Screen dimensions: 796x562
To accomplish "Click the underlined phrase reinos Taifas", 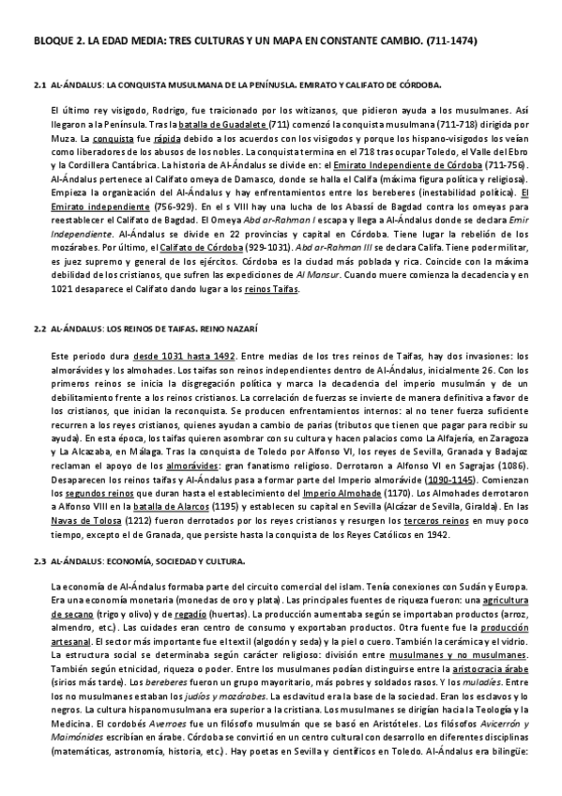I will (x=271, y=289).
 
